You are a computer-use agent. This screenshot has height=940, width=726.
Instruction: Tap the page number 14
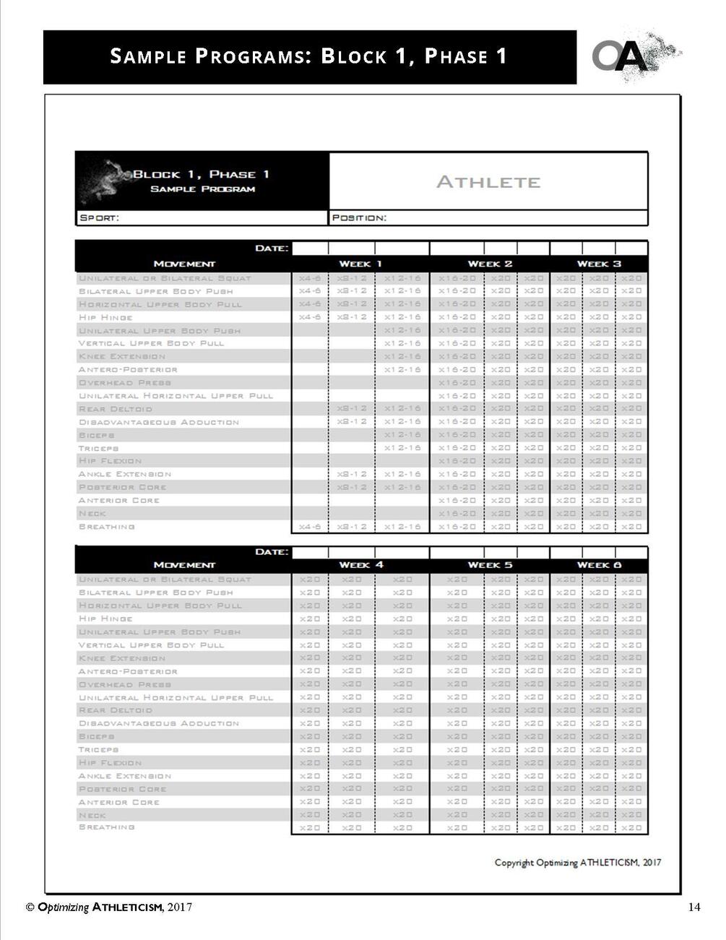click(x=694, y=907)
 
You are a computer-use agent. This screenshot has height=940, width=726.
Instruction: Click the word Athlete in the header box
click(x=488, y=182)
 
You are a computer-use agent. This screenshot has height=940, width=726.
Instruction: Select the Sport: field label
click(x=99, y=217)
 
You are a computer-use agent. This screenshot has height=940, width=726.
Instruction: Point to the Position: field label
click(x=359, y=217)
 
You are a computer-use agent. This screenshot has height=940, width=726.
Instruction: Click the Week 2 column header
click(x=490, y=264)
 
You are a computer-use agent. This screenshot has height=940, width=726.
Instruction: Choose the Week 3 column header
click(x=599, y=264)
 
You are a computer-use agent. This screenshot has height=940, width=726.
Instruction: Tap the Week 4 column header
click(x=360, y=565)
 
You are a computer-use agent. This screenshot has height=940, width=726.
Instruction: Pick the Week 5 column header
click(x=490, y=565)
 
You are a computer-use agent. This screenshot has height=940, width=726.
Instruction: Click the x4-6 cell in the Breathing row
click(x=310, y=527)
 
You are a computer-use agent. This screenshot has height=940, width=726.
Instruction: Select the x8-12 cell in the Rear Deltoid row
click(x=352, y=409)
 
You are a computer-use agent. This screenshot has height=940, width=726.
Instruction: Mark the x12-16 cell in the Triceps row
click(x=402, y=448)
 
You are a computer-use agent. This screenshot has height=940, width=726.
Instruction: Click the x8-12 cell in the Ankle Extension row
click(x=352, y=474)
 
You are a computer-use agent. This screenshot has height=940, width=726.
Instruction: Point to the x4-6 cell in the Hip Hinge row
click(x=310, y=317)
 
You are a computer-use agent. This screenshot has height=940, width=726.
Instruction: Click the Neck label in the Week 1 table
click(x=92, y=514)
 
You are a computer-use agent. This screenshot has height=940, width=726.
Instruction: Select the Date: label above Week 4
click(x=272, y=552)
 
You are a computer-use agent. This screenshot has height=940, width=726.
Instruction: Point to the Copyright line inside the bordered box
click(x=577, y=862)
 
